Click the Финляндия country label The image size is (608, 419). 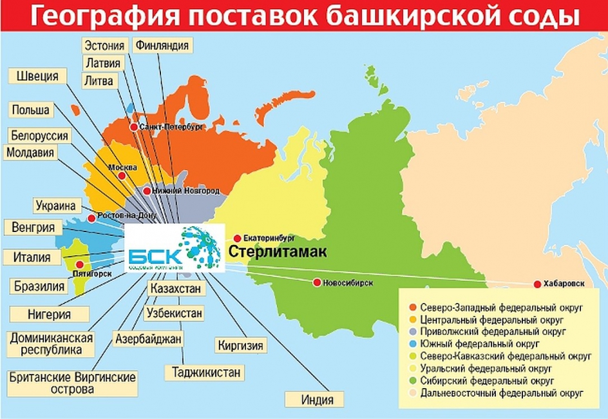point(162,46)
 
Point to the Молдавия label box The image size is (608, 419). point(30,153)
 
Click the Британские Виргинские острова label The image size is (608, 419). point(73,383)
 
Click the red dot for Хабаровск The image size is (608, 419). point(537,284)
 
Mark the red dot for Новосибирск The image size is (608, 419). point(317,282)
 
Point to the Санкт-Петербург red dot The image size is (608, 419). point(134,127)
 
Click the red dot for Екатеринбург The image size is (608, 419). point(237,237)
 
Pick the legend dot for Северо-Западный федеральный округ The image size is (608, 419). point(411,308)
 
